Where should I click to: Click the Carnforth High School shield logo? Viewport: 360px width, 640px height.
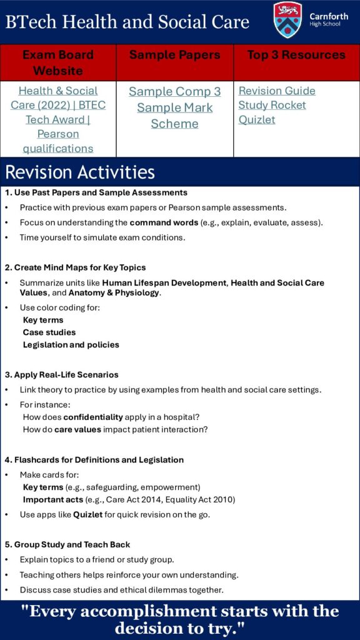point(287,19)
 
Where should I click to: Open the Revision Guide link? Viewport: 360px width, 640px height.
point(277,91)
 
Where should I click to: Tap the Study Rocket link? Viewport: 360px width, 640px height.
point(272,105)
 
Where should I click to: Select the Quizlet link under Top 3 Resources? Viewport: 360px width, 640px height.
point(257,119)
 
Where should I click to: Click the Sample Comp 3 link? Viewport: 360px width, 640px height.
point(175,91)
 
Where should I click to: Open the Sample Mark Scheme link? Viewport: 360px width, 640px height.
point(175,116)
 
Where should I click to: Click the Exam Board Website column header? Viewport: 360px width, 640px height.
point(58,62)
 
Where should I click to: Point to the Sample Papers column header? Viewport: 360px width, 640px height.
point(175,55)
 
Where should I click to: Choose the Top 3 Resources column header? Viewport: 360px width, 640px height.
point(296,55)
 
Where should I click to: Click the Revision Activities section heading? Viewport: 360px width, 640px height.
point(80,172)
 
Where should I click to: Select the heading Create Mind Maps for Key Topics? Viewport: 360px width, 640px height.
point(76,267)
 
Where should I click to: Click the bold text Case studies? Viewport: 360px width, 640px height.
point(49,332)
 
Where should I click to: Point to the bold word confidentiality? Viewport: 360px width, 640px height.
point(93,417)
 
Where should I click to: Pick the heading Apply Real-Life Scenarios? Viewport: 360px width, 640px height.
point(62,374)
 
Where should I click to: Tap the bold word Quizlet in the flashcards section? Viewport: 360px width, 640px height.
point(87,514)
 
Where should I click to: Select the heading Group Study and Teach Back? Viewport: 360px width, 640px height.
point(67,544)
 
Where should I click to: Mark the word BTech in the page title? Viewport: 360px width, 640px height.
point(31,21)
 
